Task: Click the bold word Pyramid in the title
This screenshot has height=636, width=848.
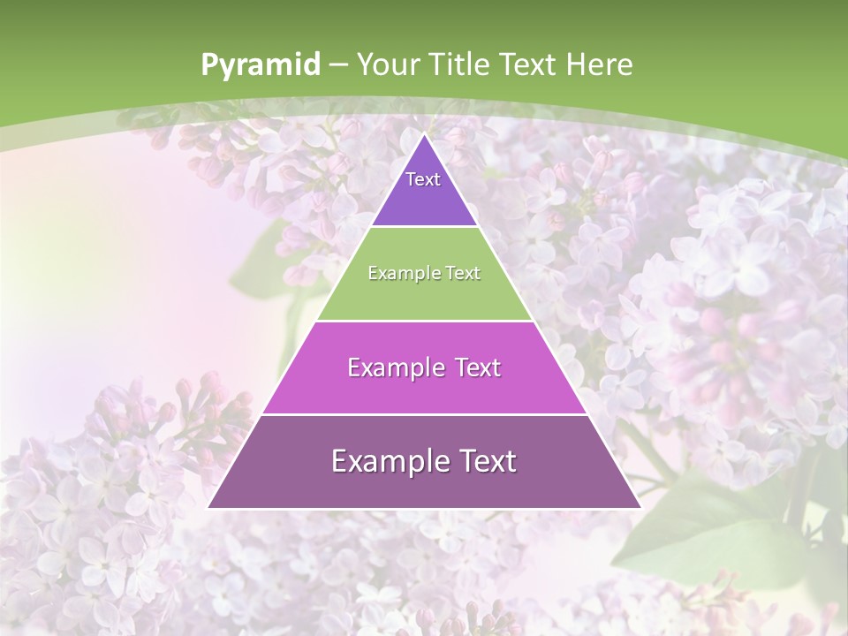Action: point(261,65)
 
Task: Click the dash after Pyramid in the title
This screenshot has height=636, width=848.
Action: point(338,65)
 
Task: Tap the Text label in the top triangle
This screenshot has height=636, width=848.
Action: point(423,179)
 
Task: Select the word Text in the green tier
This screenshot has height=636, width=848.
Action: point(463,274)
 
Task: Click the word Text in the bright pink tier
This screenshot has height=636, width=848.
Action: point(479,367)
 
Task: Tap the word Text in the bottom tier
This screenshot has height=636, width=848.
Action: point(487,461)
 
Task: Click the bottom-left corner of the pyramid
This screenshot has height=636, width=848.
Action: point(208,508)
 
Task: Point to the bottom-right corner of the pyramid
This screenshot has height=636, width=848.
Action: point(640,508)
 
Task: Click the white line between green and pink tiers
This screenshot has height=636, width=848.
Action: point(424,321)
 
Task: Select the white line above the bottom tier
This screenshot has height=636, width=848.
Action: point(424,414)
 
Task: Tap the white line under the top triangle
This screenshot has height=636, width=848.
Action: point(424,227)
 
